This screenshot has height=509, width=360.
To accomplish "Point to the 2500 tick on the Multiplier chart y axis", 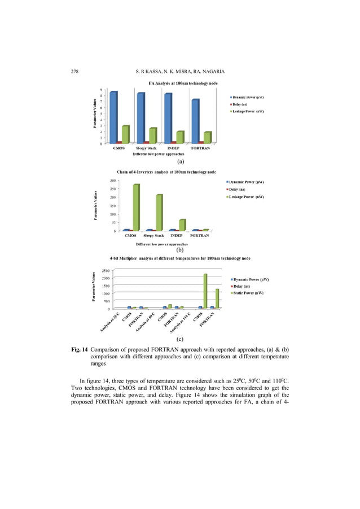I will coord(106,270).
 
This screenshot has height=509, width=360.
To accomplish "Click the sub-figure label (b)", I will coord(180,249).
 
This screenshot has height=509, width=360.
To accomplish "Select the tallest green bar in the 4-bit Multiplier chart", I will coord(205,291).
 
